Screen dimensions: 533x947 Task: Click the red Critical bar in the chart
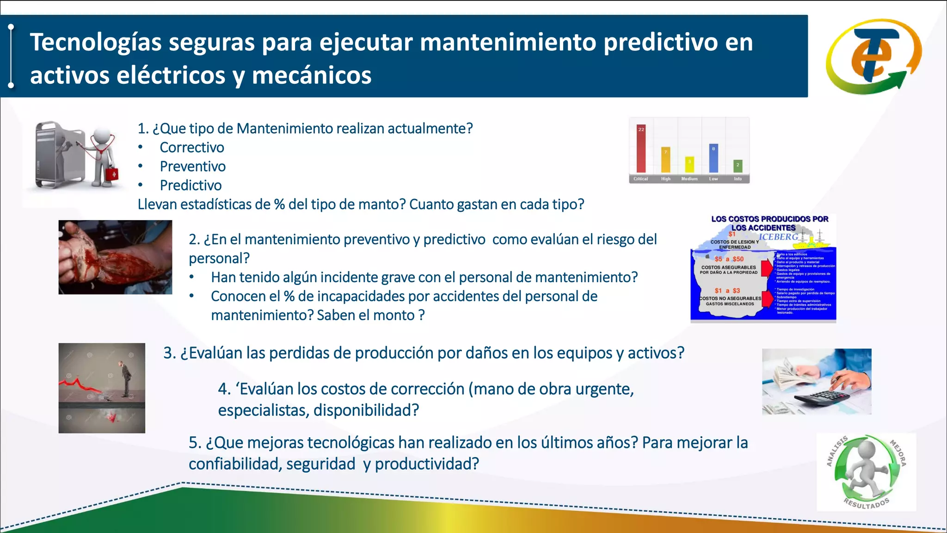click(x=641, y=149)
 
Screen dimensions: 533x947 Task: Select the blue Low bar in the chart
click(x=713, y=158)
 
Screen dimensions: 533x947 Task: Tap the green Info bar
click(x=738, y=166)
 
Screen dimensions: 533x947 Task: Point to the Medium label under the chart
click(x=689, y=179)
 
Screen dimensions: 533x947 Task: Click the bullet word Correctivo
click(x=192, y=148)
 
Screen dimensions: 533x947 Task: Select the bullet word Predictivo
click(x=191, y=186)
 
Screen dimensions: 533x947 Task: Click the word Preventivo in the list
click(x=193, y=167)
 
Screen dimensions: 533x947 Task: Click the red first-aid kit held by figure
click(x=112, y=174)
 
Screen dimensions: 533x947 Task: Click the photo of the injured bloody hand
click(x=115, y=257)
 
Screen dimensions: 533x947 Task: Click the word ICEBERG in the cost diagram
click(x=778, y=237)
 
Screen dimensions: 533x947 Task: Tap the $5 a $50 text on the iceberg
click(x=729, y=259)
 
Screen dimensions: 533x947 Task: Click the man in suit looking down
click(x=124, y=379)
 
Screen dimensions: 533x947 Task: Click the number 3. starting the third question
click(x=170, y=353)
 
